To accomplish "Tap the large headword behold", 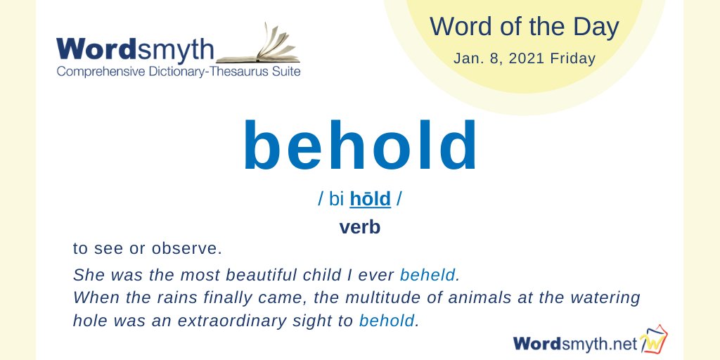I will (360, 148).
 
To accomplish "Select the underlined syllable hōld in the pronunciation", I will (370, 199).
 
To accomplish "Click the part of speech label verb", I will (359, 227).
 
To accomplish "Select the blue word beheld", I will (429, 274).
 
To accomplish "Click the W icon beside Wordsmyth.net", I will (654, 342).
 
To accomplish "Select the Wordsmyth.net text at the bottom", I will (575, 343).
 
